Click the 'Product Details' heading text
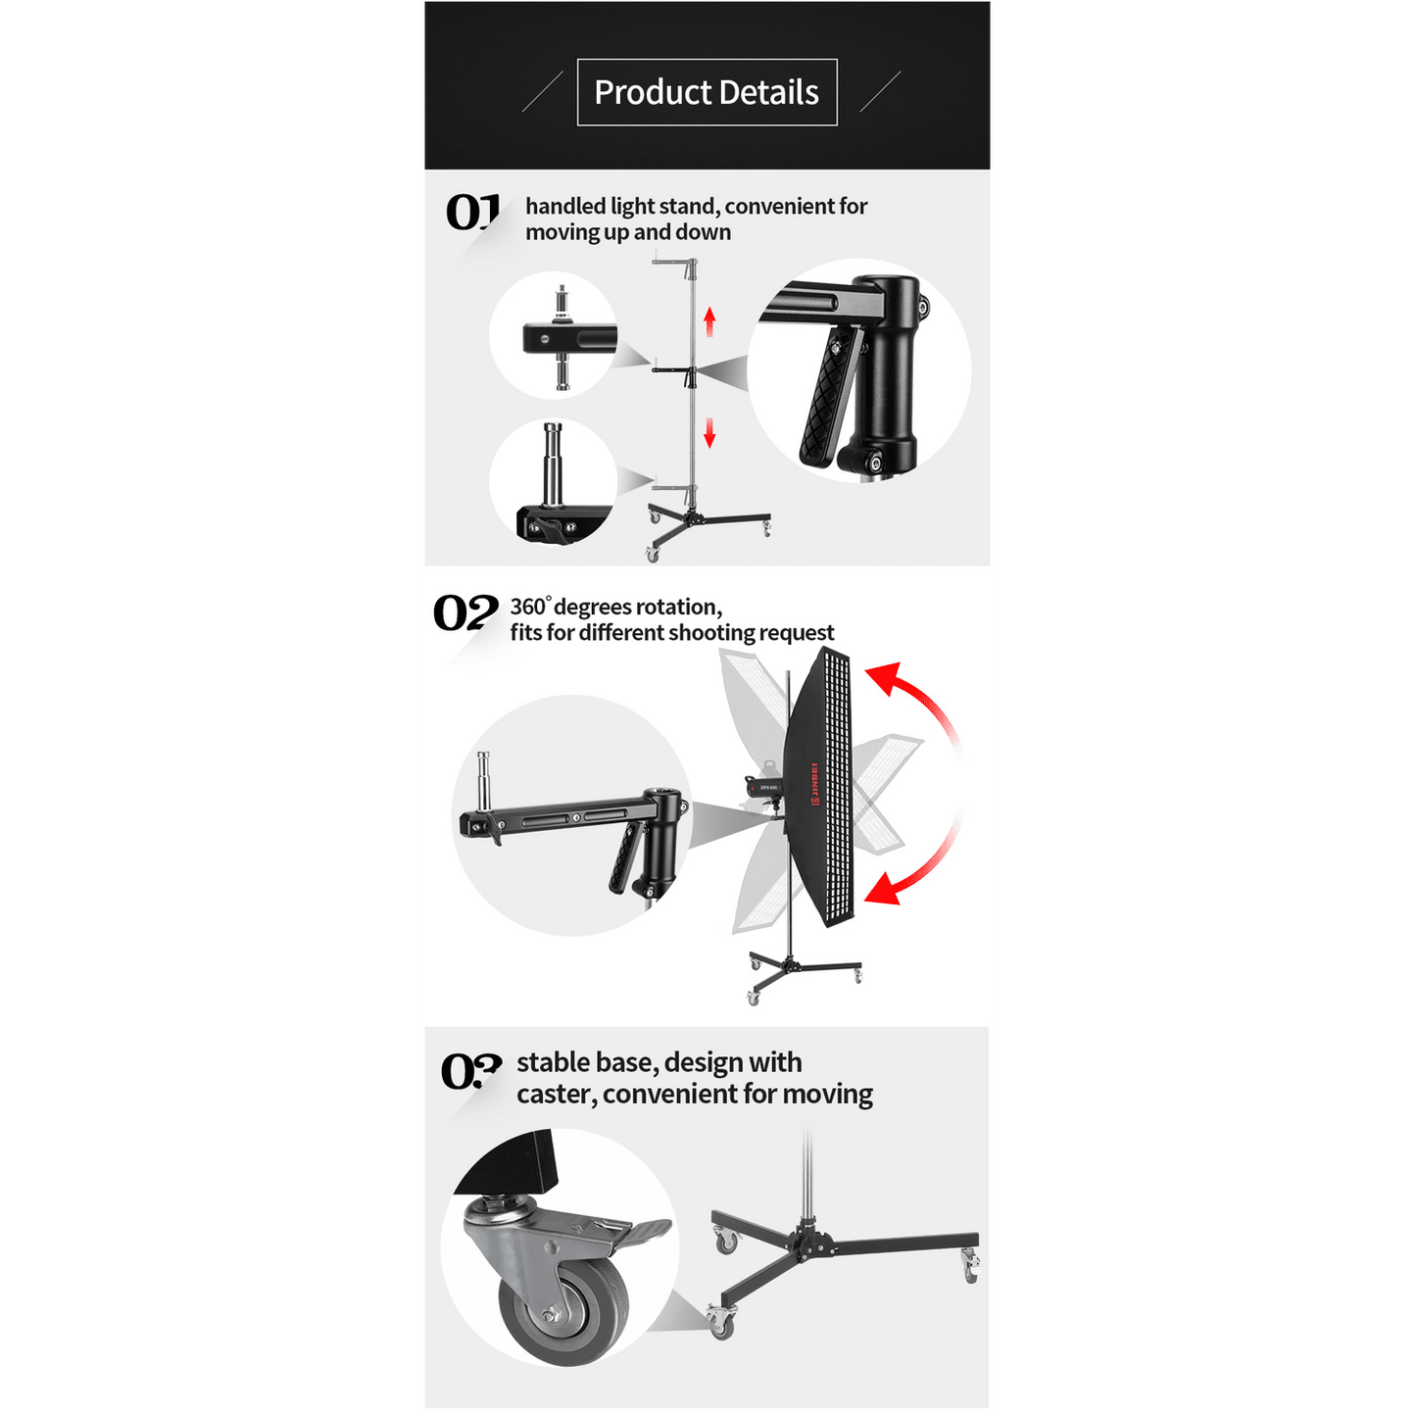(x=707, y=92)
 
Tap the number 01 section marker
(x=472, y=212)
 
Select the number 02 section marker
(x=465, y=612)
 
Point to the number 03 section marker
(x=471, y=1071)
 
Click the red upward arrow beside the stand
(x=709, y=321)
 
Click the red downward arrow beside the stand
(x=709, y=432)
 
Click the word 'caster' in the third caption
(x=555, y=1095)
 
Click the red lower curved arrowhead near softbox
(x=883, y=889)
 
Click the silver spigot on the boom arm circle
(x=484, y=783)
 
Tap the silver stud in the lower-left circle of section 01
(x=552, y=463)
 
